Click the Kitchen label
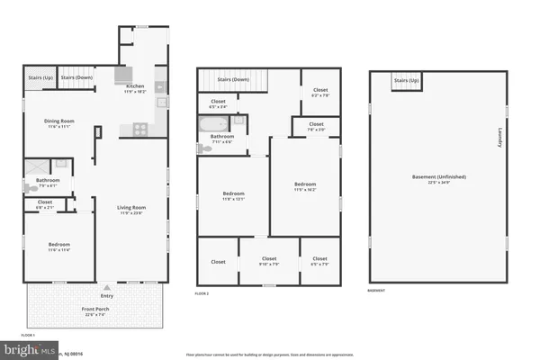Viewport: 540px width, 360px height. tap(134, 87)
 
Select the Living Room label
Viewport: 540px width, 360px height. tap(131, 209)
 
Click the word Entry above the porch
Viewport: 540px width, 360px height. tap(107, 295)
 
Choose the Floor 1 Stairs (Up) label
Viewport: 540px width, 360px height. tap(40, 77)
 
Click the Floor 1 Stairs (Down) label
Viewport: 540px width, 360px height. tap(77, 77)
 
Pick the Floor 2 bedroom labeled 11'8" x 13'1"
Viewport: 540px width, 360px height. tap(234, 194)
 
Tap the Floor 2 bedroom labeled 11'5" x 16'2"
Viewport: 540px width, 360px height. tap(304, 185)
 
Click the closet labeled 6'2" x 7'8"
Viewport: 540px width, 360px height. tap(320, 90)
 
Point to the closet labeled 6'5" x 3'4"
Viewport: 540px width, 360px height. tap(218, 102)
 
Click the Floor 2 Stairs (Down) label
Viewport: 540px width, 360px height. tap(234, 79)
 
